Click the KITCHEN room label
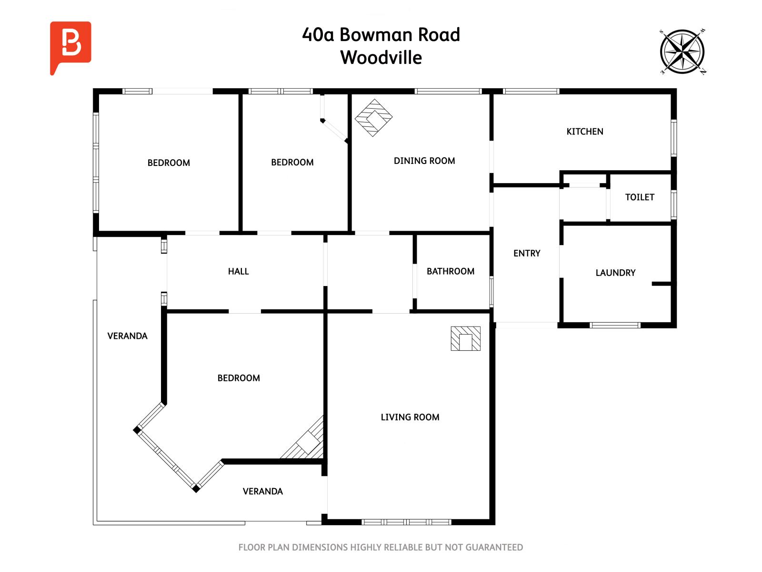pos(584,132)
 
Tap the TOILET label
pos(639,197)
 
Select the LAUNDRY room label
pos(615,273)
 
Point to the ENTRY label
pos(526,253)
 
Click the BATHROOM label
pos(450,271)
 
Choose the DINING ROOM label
pos(424,161)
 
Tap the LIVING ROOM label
pos(410,417)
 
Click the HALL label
pos(238,271)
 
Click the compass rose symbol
pos(682,52)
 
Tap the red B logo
pos(70,45)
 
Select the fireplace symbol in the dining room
pos(374,118)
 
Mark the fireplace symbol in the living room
pos(465,339)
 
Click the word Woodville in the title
pos(381,58)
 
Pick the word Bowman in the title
pos(376,35)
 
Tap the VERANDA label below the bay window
pos(262,491)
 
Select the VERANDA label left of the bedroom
pos(127,336)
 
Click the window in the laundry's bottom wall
pos(614,326)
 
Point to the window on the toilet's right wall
pos(673,204)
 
